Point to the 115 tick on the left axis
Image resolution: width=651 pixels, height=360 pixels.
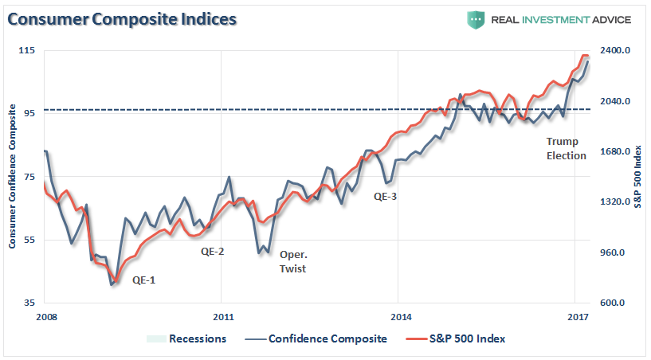coord(29,50)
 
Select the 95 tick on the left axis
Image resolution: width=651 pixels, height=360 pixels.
coord(31,113)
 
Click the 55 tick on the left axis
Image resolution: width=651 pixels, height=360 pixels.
coord(31,240)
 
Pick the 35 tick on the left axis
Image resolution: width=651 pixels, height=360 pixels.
coord(31,303)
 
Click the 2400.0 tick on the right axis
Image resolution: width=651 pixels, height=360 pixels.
coord(615,50)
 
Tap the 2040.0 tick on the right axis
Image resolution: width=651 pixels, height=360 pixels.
coord(615,101)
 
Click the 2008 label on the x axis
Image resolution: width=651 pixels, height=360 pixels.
coord(46,316)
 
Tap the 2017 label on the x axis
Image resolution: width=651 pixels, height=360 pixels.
coord(578,316)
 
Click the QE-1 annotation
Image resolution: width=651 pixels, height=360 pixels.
coord(144,280)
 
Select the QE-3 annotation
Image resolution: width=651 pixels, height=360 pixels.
coord(385,196)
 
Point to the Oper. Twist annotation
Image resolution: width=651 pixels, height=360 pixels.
coord(292,262)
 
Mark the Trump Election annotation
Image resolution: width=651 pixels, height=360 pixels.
coord(566,148)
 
